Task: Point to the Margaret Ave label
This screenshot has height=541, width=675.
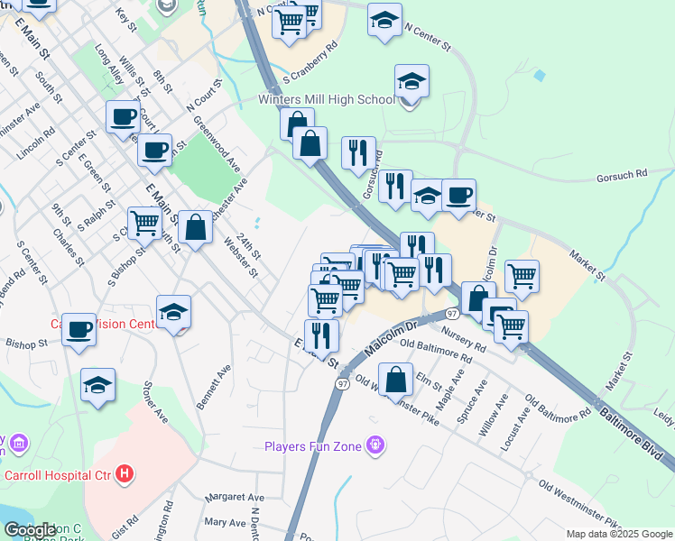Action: (234, 497)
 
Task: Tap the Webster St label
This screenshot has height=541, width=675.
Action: (241, 256)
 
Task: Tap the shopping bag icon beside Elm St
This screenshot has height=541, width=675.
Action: (395, 380)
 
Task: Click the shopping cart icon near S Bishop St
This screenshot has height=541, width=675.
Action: (143, 222)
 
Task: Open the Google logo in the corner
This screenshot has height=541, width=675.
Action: (30, 530)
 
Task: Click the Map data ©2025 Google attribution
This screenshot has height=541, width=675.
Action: (619, 534)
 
